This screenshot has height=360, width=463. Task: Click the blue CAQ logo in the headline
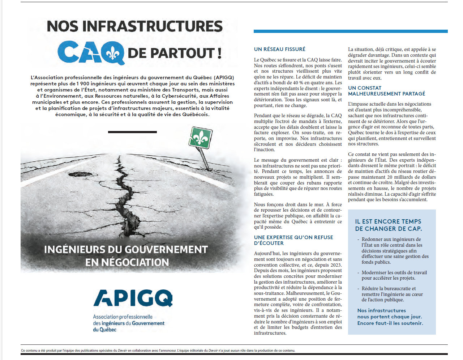(91, 52)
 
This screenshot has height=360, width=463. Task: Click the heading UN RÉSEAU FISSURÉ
(279, 49)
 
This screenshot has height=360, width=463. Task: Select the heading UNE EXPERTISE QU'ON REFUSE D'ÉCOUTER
(293, 240)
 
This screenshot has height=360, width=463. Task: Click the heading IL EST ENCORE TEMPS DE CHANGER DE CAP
(388, 225)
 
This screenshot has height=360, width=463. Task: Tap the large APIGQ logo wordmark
(133, 298)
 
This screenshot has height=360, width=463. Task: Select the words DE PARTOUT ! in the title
(175, 53)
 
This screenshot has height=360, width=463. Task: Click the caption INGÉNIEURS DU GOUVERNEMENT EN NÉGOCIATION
(126, 256)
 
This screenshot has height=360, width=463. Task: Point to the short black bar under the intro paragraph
(132, 132)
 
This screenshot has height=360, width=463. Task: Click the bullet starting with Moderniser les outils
(394, 275)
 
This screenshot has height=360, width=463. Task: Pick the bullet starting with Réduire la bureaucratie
(392, 294)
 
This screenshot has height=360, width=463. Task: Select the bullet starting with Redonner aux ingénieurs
(395, 251)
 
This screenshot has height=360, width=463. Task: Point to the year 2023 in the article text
(336, 265)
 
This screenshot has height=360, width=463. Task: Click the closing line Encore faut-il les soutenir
(390, 323)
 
